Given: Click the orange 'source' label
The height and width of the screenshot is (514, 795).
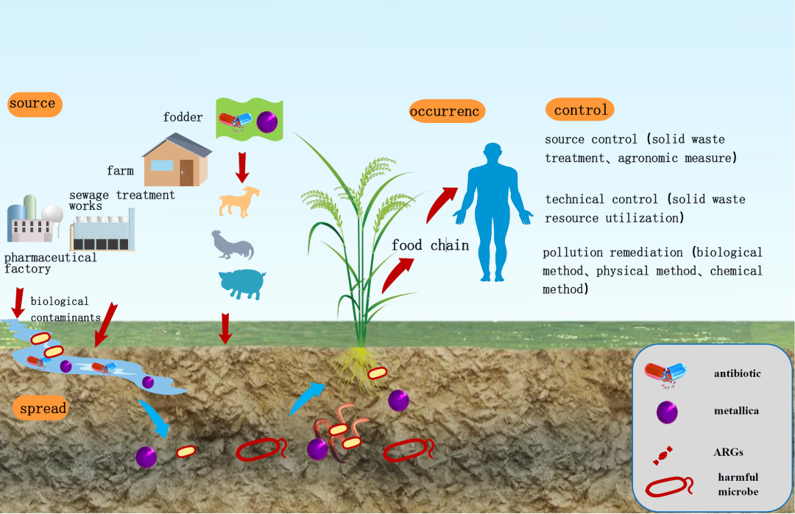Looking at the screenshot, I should (x=33, y=103).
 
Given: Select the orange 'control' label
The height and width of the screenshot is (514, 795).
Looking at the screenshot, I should (x=580, y=110).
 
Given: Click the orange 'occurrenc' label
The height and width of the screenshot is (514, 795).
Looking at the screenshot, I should (x=448, y=112).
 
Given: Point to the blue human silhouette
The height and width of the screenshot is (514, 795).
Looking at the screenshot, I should (x=492, y=210).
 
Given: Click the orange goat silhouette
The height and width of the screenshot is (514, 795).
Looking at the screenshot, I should (x=240, y=202).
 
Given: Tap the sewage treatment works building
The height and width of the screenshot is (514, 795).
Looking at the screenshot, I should (x=102, y=231).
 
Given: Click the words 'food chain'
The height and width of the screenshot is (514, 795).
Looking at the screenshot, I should (x=430, y=245).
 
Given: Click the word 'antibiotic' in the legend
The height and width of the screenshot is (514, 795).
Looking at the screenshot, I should (x=737, y=373).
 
